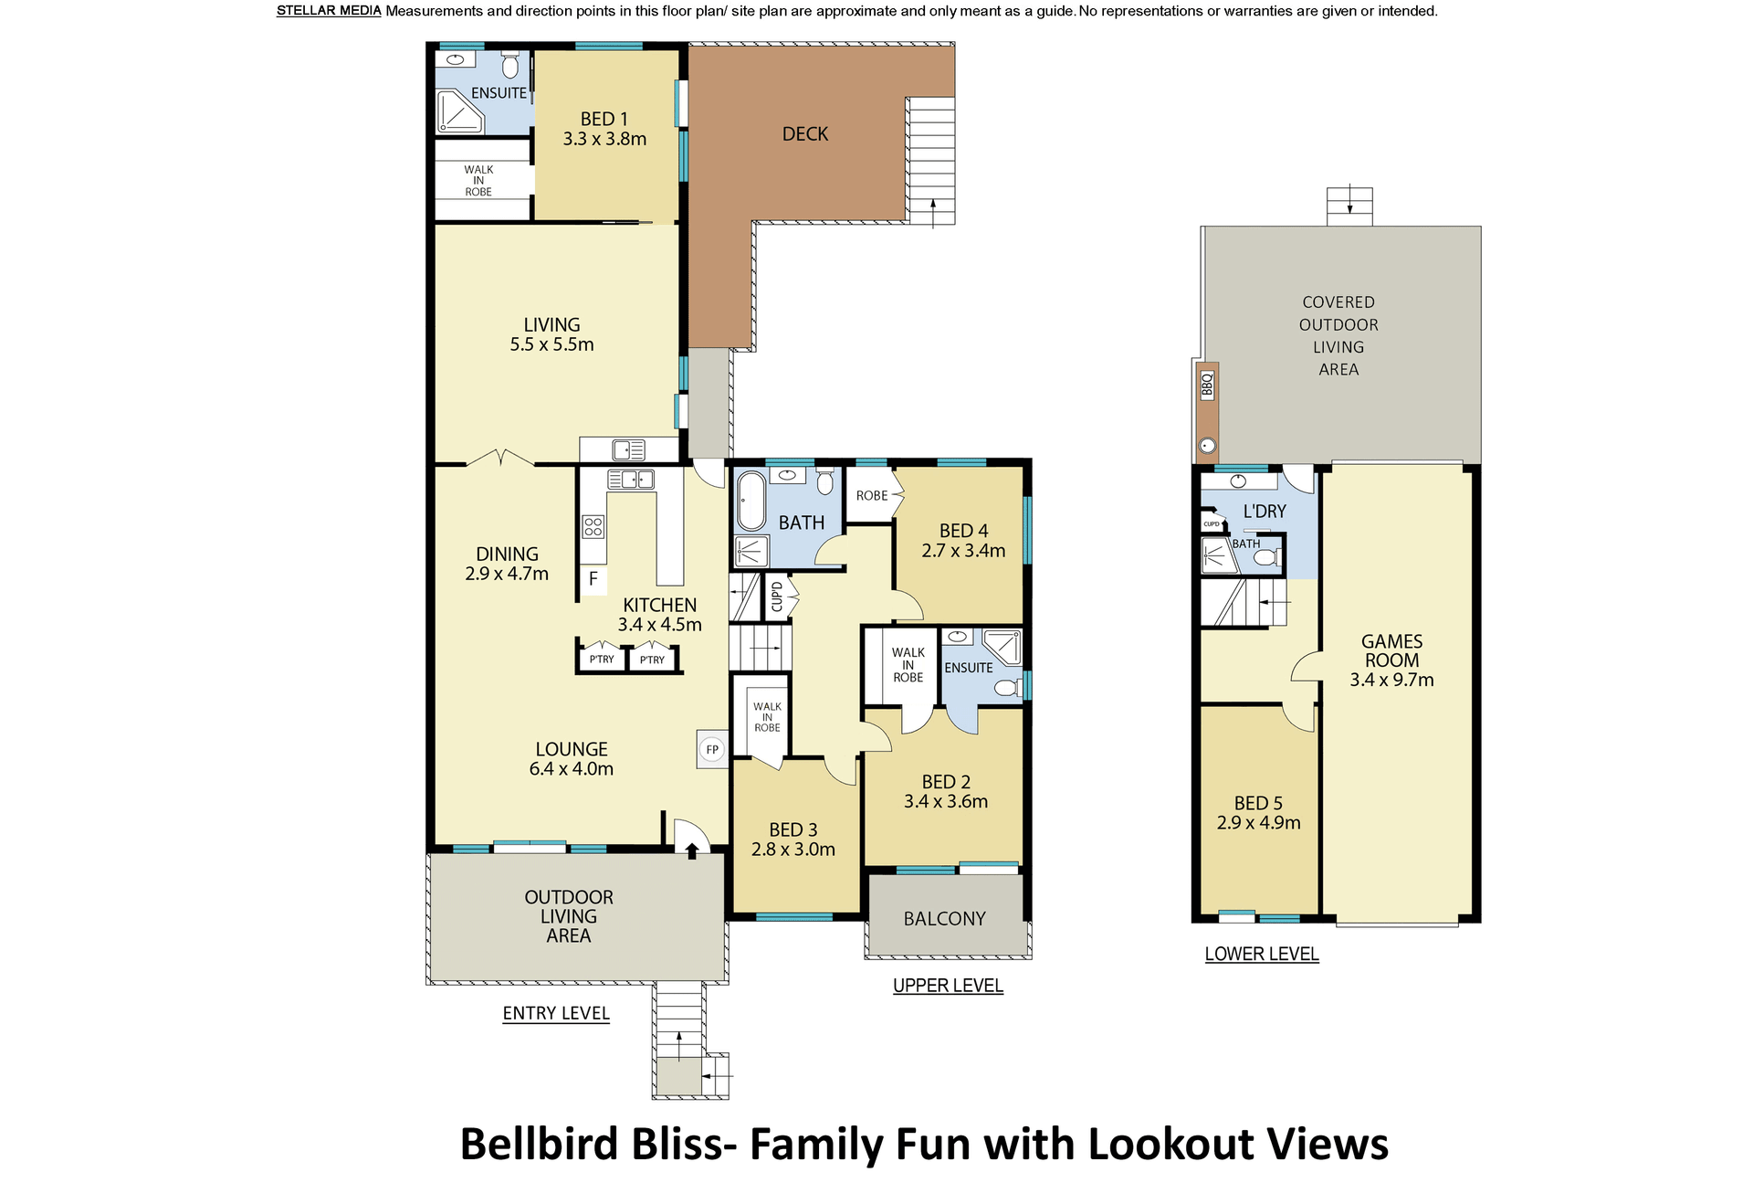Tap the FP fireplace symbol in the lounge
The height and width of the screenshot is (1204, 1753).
click(712, 750)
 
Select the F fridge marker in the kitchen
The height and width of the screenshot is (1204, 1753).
click(593, 578)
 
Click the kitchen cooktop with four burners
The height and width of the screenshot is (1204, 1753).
click(593, 526)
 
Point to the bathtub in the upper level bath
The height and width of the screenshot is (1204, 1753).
click(751, 501)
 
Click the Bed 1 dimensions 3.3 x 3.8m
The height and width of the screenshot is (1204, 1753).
click(604, 139)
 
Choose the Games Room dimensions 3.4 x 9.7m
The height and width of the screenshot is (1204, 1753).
click(1391, 680)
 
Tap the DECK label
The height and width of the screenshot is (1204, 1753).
click(805, 134)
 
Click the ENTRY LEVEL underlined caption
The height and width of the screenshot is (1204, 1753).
click(556, 1013)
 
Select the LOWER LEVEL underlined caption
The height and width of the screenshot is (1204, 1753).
click(1262, 954)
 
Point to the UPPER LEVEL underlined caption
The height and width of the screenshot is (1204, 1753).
click(948, 986)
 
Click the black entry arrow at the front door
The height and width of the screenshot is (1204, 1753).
click(692, 850)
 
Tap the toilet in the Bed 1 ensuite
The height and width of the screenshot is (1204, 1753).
click(510, 66)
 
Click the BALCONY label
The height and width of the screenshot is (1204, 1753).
click(945, 919)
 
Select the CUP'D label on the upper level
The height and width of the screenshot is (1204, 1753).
click(777, 597)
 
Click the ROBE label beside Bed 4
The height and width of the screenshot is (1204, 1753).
click(872, 496)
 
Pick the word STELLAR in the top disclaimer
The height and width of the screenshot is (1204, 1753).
click(304, 11)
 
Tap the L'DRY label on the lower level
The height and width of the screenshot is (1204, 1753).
click(1265, 512)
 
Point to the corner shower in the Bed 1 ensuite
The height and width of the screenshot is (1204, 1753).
click(460, 111)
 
